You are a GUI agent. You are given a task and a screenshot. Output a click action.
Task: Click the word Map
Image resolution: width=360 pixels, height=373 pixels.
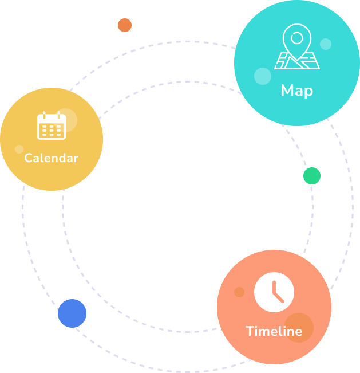pos(296,91)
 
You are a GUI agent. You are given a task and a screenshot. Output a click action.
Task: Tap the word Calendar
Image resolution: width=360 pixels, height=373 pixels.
pos(51,158)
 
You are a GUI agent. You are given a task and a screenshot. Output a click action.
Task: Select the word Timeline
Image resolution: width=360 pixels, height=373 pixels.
pos(274,331)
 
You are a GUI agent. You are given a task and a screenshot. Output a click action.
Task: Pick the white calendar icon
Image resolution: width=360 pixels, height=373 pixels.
pos(52,125)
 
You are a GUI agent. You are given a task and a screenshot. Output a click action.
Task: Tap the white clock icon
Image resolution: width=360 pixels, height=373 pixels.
pos(274,292)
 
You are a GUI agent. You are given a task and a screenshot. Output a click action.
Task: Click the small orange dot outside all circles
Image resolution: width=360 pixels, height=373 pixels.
pos(125,25)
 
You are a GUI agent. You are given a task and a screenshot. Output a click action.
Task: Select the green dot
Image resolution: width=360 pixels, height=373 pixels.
pos(312,176)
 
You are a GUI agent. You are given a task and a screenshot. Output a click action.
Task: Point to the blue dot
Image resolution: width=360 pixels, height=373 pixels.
pos(72,313)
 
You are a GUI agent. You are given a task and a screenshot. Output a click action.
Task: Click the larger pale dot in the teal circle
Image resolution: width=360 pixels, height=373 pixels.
pos(263,76)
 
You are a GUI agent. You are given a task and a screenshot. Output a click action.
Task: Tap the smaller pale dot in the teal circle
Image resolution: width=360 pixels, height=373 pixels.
pos(326,44)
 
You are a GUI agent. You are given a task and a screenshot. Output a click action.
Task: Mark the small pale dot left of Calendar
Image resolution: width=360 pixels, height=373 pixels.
pos(19,149)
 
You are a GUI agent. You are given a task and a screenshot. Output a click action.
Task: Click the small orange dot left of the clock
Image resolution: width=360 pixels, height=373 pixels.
pos(239,292)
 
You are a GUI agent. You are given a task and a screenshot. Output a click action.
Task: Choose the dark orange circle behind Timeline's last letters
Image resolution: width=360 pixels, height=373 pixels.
pos(299,328)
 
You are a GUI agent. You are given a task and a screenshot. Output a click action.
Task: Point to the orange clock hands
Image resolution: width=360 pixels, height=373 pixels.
pos(277,293)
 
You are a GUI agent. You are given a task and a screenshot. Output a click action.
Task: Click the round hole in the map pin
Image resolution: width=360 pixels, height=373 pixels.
pos(296,38)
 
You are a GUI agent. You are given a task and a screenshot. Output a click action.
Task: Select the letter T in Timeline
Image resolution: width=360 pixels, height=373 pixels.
pos(250,331)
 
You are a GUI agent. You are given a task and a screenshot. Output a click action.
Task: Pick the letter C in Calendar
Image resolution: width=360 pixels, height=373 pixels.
pos(28,158)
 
